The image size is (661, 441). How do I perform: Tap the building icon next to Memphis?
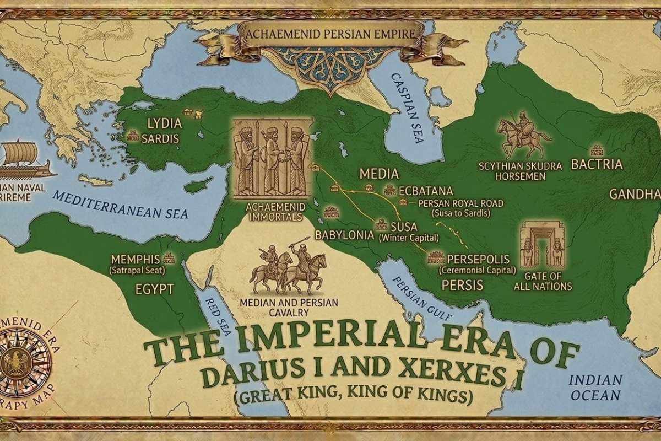pyautogui.click(x=169, y=257)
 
